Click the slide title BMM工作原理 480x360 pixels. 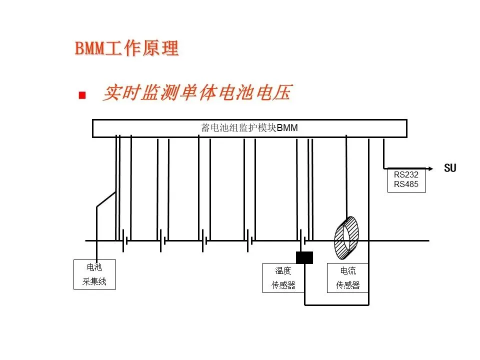click(x=126, y=48)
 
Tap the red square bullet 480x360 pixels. click(x=82, y=95)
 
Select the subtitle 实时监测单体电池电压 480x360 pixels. click(x=196, y=93)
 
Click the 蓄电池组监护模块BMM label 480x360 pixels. click(x=249, y=128)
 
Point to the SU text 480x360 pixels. click(x=450, y=168)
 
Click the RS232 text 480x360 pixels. click(x=406, y=175)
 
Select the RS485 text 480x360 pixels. click(x=406, y=184)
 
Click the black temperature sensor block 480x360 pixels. click(x=304, y=257)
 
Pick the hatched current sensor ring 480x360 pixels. click(x=346, y=238)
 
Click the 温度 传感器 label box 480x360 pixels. click(x=283, y=278)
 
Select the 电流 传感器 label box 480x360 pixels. click(x=347, y=278)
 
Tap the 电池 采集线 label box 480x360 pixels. click(x=94, y=274)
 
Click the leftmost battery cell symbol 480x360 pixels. click(x=125, y=240)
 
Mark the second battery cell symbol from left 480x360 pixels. click(x=163, y=240)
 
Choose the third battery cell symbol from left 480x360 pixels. click(x=204, y=240)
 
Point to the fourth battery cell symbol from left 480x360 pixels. click(x=249, y=240)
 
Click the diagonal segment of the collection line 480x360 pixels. click(x=105, y=199)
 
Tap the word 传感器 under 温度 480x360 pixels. click(x=283, y=285)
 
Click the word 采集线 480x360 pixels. click(x=94, y=282)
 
